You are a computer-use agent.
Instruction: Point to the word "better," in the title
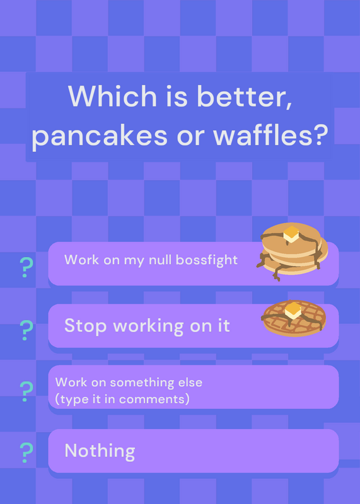[x=244, y=96]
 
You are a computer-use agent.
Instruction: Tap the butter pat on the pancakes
[x=291, y=234]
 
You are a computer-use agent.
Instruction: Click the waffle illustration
[x=294, y=318]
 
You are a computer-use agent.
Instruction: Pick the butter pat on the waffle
[x=293, y=311]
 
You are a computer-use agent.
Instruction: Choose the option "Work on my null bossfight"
[x=151, y=260]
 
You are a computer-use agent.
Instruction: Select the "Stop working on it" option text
[x=147, y=326]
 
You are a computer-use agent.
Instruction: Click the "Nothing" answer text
[x=100, y=450]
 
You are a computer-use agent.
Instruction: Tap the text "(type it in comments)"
[x=122, y=399]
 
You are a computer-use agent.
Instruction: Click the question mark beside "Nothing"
[x=26, y=452]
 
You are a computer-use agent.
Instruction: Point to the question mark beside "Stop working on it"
[x=26, y=330]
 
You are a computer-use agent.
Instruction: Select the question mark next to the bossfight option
[x=26, y=267]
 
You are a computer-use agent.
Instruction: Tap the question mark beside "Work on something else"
[x=26, y=391]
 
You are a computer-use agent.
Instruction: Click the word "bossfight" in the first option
[x=207, y=260]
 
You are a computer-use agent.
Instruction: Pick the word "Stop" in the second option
[x=85, y=326]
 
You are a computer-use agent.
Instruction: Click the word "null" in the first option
[x=161, y=260]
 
